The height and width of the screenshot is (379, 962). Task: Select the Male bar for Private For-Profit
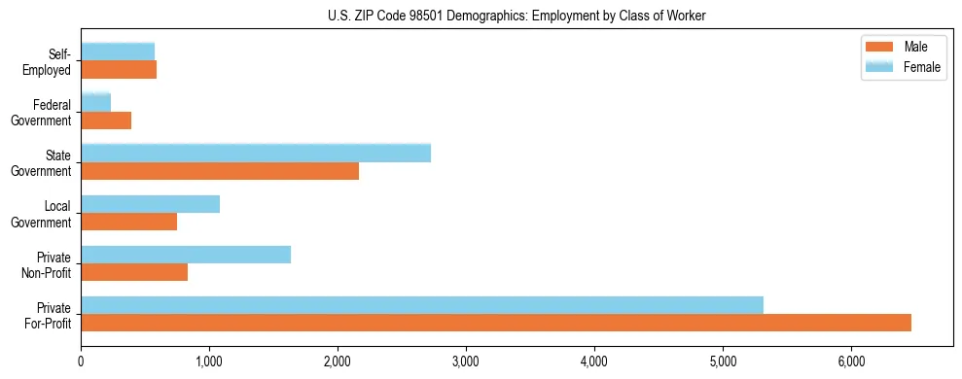click(x=496, y=323)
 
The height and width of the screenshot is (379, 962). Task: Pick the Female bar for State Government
click(x=256, y=153)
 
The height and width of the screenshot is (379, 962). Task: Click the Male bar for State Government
click(x=220, y=171)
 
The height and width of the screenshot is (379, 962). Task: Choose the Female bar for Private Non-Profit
click(x=186, y=255)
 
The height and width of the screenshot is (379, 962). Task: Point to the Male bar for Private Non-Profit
click(x=134, y=273)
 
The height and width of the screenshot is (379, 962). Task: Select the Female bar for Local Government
click(x=151, y=204)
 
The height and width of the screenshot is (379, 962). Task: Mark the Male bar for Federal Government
click(x=106, y=121)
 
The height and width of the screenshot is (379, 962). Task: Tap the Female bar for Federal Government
click(x=96, y=102)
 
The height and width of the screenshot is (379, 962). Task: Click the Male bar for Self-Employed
click(x=119, y=70)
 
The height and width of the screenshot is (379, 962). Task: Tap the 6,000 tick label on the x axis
click(x=851, y=362)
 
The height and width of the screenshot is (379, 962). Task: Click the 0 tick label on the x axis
click(x=81, y=362)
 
